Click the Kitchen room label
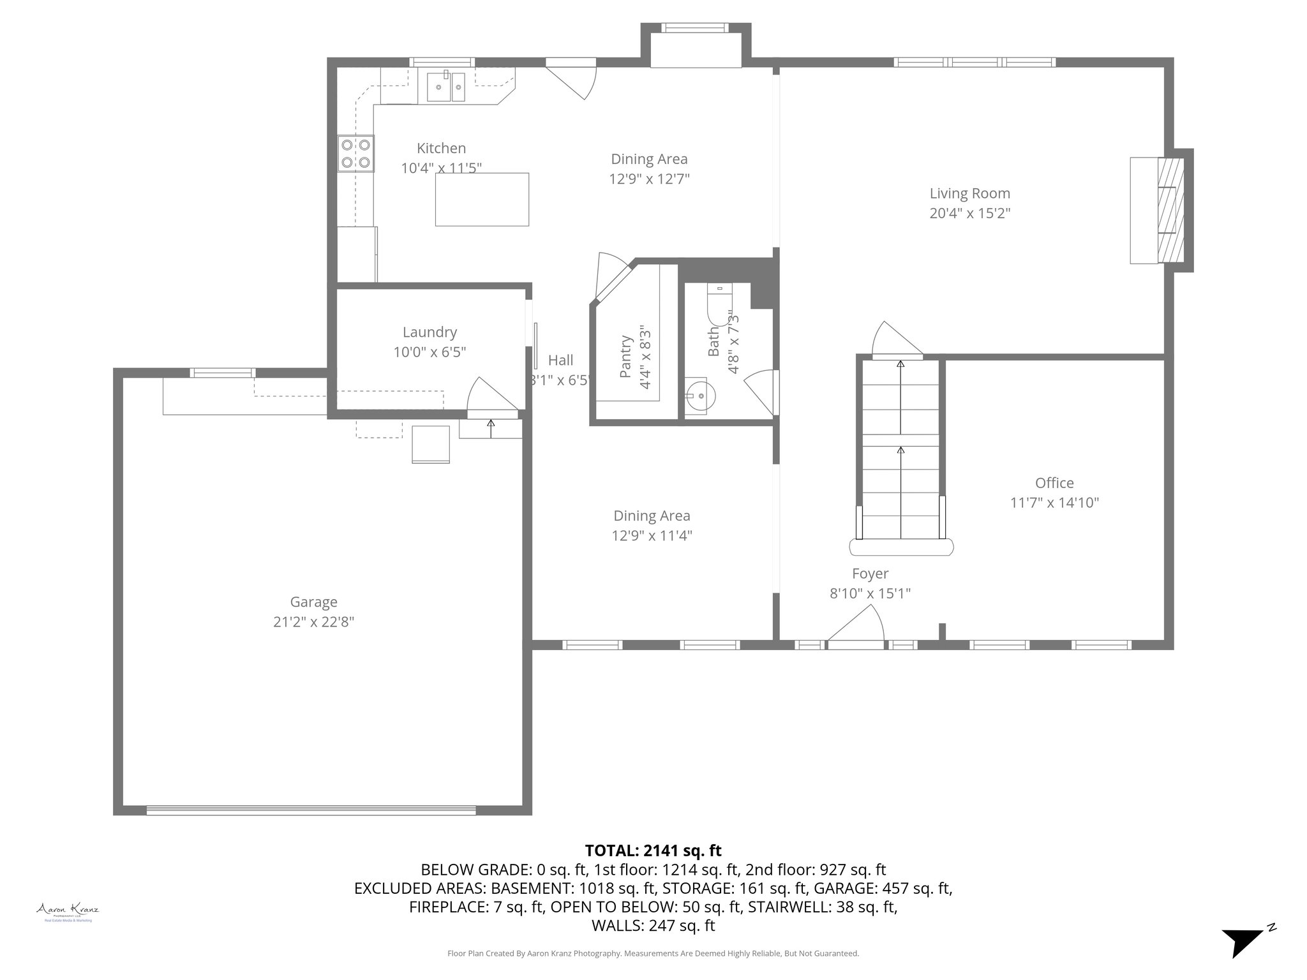[441, 148]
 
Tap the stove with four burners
[355, 154]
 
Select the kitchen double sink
[447, 87]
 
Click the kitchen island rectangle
[482, 199]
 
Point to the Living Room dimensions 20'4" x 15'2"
[969, 213]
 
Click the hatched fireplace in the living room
[1170, 210]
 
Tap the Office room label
[1054, 483]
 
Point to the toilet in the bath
[720, 304]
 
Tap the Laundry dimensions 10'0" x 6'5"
[429, 352]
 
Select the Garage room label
[313, 602]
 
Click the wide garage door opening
[311, 810]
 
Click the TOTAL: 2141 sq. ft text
[653, 850]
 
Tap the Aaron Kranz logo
[67, 911]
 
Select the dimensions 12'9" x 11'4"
[652, 535]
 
